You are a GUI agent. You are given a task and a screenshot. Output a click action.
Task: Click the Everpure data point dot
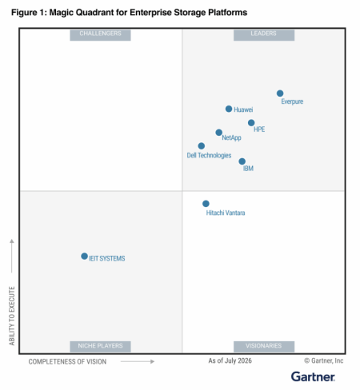pos(280,94)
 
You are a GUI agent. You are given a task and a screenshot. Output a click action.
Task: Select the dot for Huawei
pos(229,109)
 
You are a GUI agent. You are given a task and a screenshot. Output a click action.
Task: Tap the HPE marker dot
pos(251,123)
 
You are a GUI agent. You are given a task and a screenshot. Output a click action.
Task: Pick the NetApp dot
pos(218,133)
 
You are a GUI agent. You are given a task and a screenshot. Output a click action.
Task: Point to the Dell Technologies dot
pos(202,146)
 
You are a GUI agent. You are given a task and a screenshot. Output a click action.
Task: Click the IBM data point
pos(242,161)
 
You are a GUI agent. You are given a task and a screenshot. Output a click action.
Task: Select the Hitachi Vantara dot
pos(206,204)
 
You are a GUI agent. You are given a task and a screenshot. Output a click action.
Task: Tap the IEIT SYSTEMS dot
pos(84,256)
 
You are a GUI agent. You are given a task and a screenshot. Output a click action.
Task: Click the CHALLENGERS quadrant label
pos(100,35)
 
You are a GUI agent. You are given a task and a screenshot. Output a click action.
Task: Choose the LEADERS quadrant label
pos(264,35)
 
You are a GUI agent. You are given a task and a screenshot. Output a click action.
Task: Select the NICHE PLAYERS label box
pos(100,347)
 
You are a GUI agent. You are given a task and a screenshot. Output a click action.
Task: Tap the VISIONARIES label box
pos(264,347)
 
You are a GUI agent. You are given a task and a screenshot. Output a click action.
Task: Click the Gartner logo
pos(313,376)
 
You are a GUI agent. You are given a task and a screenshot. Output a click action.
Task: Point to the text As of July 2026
pos(230,360)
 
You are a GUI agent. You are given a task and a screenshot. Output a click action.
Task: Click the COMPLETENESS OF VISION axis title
pos(67,361)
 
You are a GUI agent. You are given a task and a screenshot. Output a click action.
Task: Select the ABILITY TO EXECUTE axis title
pos(12,316)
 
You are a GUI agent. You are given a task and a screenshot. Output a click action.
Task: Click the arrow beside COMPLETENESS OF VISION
pos(138,361)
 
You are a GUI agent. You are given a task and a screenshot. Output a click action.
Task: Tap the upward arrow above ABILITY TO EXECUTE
pos(12,256)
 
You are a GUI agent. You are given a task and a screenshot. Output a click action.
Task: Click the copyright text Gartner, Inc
pos(324,360)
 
